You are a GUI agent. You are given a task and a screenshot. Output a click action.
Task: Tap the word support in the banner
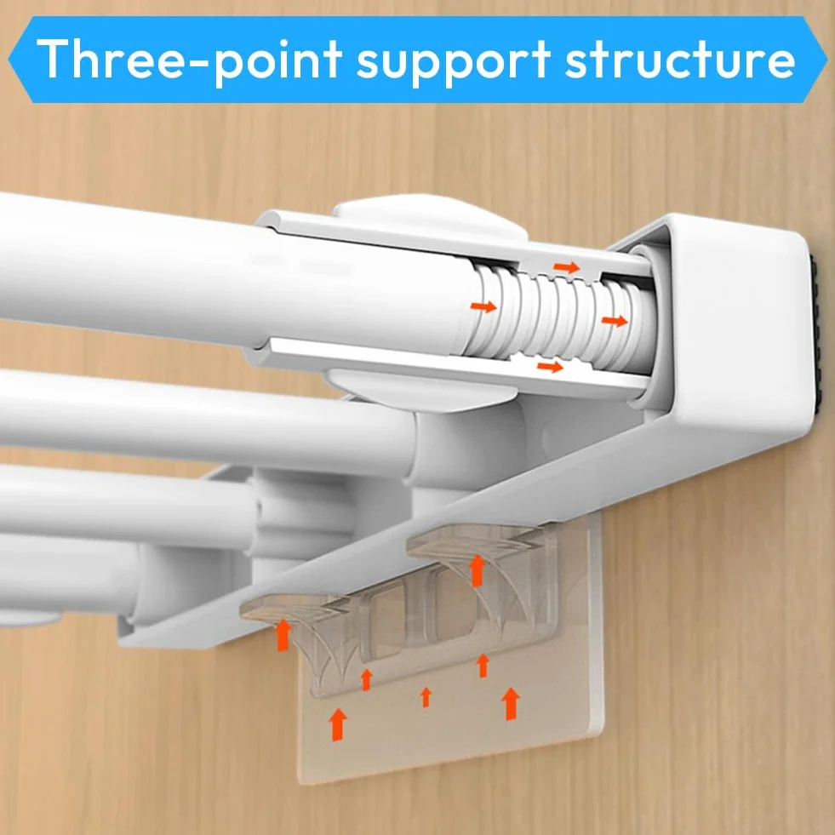[x=453, y=64]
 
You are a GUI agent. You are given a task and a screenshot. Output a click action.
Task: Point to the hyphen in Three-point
[x=198, y=63]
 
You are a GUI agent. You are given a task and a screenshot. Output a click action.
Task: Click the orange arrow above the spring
[x=567, y=266]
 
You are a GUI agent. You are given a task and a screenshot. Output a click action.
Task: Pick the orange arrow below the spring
[x=550, y=366]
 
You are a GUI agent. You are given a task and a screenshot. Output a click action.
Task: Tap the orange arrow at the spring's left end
[x=483, y=306]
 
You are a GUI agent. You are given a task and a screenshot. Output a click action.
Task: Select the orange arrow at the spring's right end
[x=615, y=321]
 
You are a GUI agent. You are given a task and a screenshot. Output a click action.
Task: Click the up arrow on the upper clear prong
[x=478, y=570]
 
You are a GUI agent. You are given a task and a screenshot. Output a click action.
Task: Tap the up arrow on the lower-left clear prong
[x=283, y=635]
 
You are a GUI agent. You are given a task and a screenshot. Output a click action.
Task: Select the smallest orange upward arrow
[x=426, y=697]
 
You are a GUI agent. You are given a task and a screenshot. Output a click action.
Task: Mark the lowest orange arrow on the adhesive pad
[x=338, y=724]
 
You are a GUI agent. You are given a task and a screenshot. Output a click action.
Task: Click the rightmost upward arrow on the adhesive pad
[x=512, y=703]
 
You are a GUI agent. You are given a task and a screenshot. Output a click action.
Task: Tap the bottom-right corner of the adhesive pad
[x=603, y=738]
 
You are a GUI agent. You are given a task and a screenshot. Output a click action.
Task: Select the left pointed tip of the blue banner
[x=9, y=59]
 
